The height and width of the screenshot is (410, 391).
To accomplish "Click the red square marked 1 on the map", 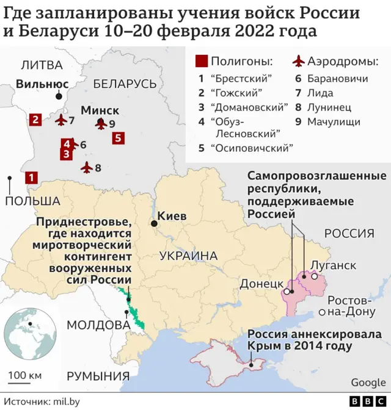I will tap(31, 178).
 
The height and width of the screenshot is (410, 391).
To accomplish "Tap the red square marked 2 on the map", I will tap(35, 120).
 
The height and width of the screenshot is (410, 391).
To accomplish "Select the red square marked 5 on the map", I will tap(119, 138).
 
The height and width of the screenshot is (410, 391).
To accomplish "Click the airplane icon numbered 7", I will tap(61, 120).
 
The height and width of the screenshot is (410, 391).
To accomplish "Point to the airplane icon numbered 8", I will tap(87, 167).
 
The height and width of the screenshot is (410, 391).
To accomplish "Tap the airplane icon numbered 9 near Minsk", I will tap(101, 124).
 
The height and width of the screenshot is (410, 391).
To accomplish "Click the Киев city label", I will tap(172, 215).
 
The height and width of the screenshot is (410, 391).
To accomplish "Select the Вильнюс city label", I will tap(42, 84).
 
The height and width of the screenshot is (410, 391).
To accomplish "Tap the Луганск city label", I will tap(333, 265).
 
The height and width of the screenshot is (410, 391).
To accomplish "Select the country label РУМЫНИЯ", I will tap(98, 375).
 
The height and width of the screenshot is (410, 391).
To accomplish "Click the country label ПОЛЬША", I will tap(32, 201).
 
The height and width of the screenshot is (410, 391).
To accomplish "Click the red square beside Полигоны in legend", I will tap(201, 62).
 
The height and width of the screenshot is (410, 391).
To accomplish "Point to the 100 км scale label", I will tap(25, 373).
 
